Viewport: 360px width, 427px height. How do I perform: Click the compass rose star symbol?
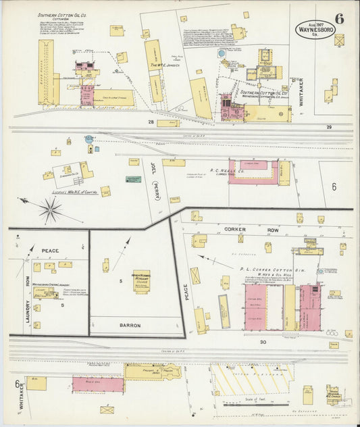tap(50, 210)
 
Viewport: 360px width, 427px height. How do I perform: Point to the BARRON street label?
tap(130, 325)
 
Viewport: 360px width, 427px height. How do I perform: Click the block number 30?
tap(263, 342)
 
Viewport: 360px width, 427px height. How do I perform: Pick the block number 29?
tap(329, 126)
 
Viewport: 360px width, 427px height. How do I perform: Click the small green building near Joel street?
tap(133, 180)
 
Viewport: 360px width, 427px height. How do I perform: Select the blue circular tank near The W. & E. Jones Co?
tap(222, 53)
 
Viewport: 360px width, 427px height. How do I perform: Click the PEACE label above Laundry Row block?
tap(50, 251)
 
